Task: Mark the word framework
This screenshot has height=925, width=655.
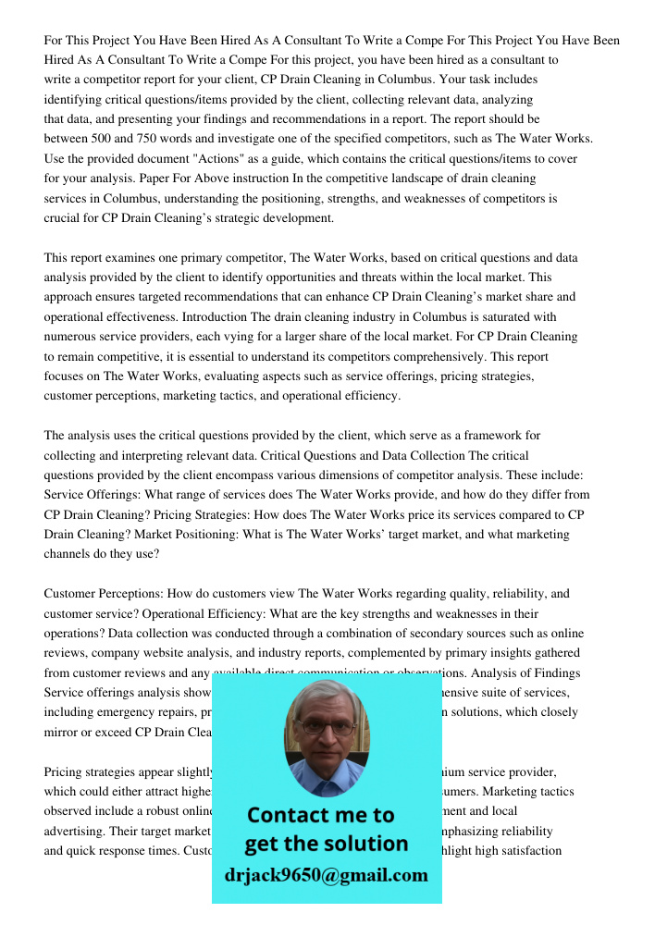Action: [x=491, y=435]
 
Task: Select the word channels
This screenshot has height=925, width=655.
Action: [x=68, y=554]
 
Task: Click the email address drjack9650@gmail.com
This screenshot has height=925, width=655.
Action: [x=327, y=874]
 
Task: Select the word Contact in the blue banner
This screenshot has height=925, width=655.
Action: [x=293, y=815]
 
